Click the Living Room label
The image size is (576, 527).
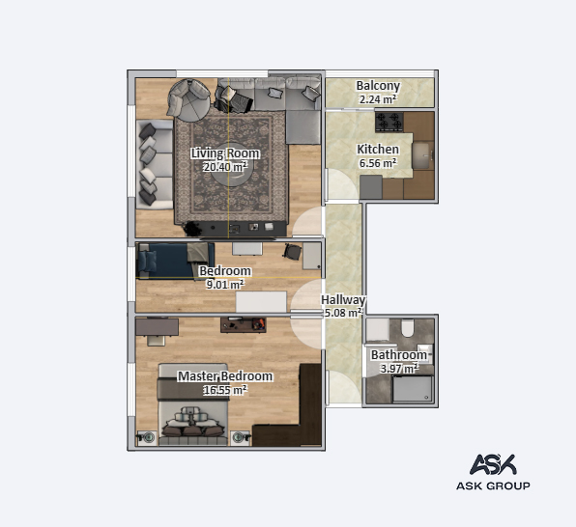pyautogui.click(x=225, y=153)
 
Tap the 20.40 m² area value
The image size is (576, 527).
pyautogui.click(x=225, y=167)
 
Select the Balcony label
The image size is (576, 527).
pyautogui.click(x=378, y=86)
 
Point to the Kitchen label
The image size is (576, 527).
pyautogui.click(x=378, y=150)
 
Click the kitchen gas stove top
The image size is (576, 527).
pyautogui.click(x=389, y=122)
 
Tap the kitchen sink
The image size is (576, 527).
pyautogui.click(x=422, y=156)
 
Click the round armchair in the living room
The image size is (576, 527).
pyautogui.click(x=188, y=100)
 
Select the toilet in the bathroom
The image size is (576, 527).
pyautogui.click(x=408, y=328)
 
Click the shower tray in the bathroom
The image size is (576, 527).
pyautogui.click(x=413, y=389)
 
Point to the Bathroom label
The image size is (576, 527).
pyautogui.click(x=399, y=355)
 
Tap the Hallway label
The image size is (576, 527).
pyautogui.click(x=343, y=300)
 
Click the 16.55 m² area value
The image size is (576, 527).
pyautogui.click(x=225, y=390)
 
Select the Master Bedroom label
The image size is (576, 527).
pyautogui.click(x=225, y=376)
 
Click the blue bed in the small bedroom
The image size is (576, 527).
pyautogui.click(x=175, y=261)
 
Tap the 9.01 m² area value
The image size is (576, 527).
pyautogui.click(x=225, y=285)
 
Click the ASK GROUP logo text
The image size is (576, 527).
pyautogui.click(x=493, y=485)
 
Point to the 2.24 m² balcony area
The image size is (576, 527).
pyautogui.click(x=378, y=99)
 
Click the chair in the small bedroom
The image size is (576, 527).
pyautogui.click(x=292, y=252)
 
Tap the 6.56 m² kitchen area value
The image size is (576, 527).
pyautogui.click(x=378, y=163)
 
